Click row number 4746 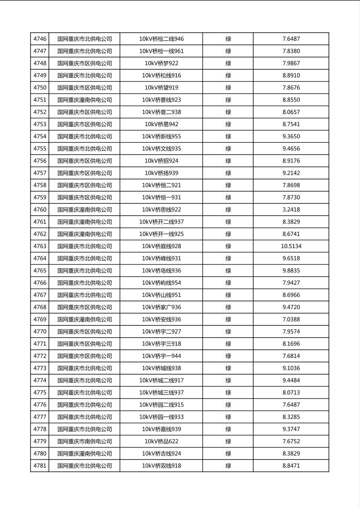[x=40, y=39]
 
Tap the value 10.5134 [x=291, y=246]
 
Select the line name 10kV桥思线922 [x=161, y=210]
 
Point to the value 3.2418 [x=291, y=210]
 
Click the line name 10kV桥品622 [x=161, y=442]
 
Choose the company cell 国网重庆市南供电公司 [x=84, y=442]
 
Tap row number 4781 [x=40, y=466]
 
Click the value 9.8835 [x=291, y=271]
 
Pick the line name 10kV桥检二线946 [x=161, y=39]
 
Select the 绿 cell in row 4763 [x=228, y=246]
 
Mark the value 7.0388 [x=291, y=319]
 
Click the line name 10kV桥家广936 [x=161, y=307]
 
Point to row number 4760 [x=40, y=210]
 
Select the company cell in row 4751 [x=84, y=100]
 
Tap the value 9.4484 [x=291, y=380]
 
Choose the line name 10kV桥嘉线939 [x=161, y=429]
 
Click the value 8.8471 [x=291, y=466]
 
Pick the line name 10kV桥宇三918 [x=161, y=344]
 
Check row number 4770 [x=40, y=332]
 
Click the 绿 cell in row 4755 [x=228, y=149]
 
